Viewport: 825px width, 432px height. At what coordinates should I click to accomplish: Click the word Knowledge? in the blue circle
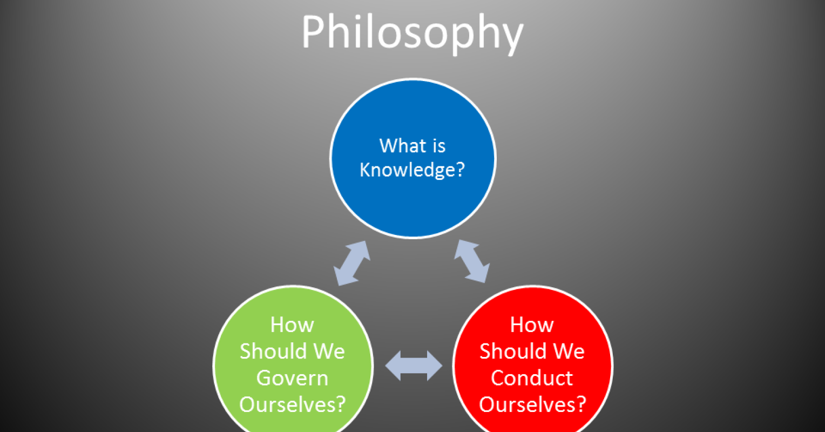point(412,170)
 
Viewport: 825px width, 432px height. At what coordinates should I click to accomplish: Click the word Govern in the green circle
point(292,377)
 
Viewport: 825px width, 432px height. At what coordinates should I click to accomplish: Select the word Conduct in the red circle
point(532,377)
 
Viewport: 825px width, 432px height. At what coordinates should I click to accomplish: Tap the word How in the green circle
point(292,325)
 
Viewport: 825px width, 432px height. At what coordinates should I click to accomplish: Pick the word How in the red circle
point(532,325)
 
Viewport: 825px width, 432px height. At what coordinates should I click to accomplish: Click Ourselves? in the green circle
point(292,404)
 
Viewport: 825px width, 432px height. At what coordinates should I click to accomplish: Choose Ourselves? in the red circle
point(532,404)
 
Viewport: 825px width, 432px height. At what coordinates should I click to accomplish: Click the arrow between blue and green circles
point(352,263)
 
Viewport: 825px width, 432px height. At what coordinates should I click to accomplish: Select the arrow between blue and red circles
point(472,262)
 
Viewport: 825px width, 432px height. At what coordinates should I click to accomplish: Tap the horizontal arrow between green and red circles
point(414,366)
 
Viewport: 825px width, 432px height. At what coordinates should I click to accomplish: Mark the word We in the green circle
point(329,351)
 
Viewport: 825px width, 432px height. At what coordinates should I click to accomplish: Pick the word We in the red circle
point(569,351)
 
